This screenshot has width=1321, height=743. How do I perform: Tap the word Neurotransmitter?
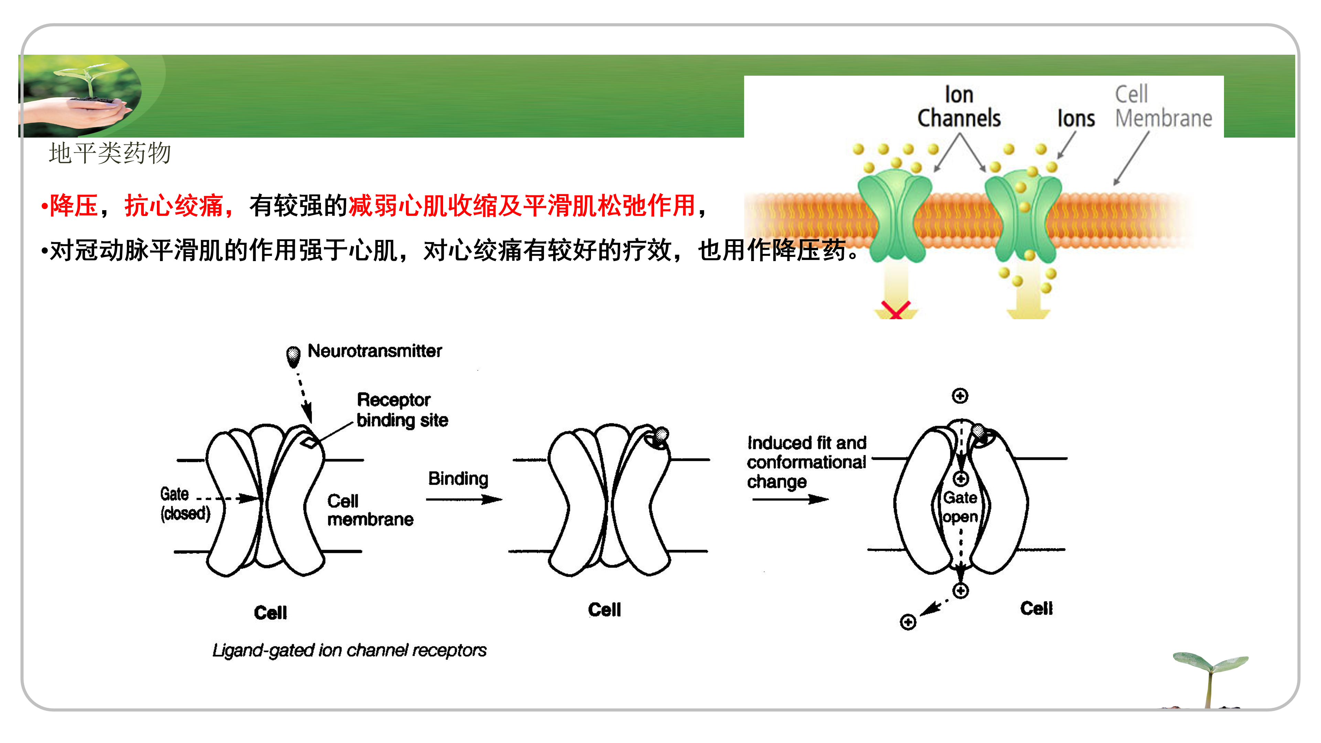374,351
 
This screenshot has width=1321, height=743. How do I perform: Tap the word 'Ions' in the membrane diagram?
1076,118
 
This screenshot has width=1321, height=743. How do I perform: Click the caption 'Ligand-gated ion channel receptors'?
349,650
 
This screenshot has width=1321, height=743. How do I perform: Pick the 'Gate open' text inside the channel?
960,507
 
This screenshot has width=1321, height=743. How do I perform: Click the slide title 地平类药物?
110,153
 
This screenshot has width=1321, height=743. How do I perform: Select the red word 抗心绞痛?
174,206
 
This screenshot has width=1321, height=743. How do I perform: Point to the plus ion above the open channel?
960,396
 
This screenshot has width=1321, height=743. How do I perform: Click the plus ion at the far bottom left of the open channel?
908,622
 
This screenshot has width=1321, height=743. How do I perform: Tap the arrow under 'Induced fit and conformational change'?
790,499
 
